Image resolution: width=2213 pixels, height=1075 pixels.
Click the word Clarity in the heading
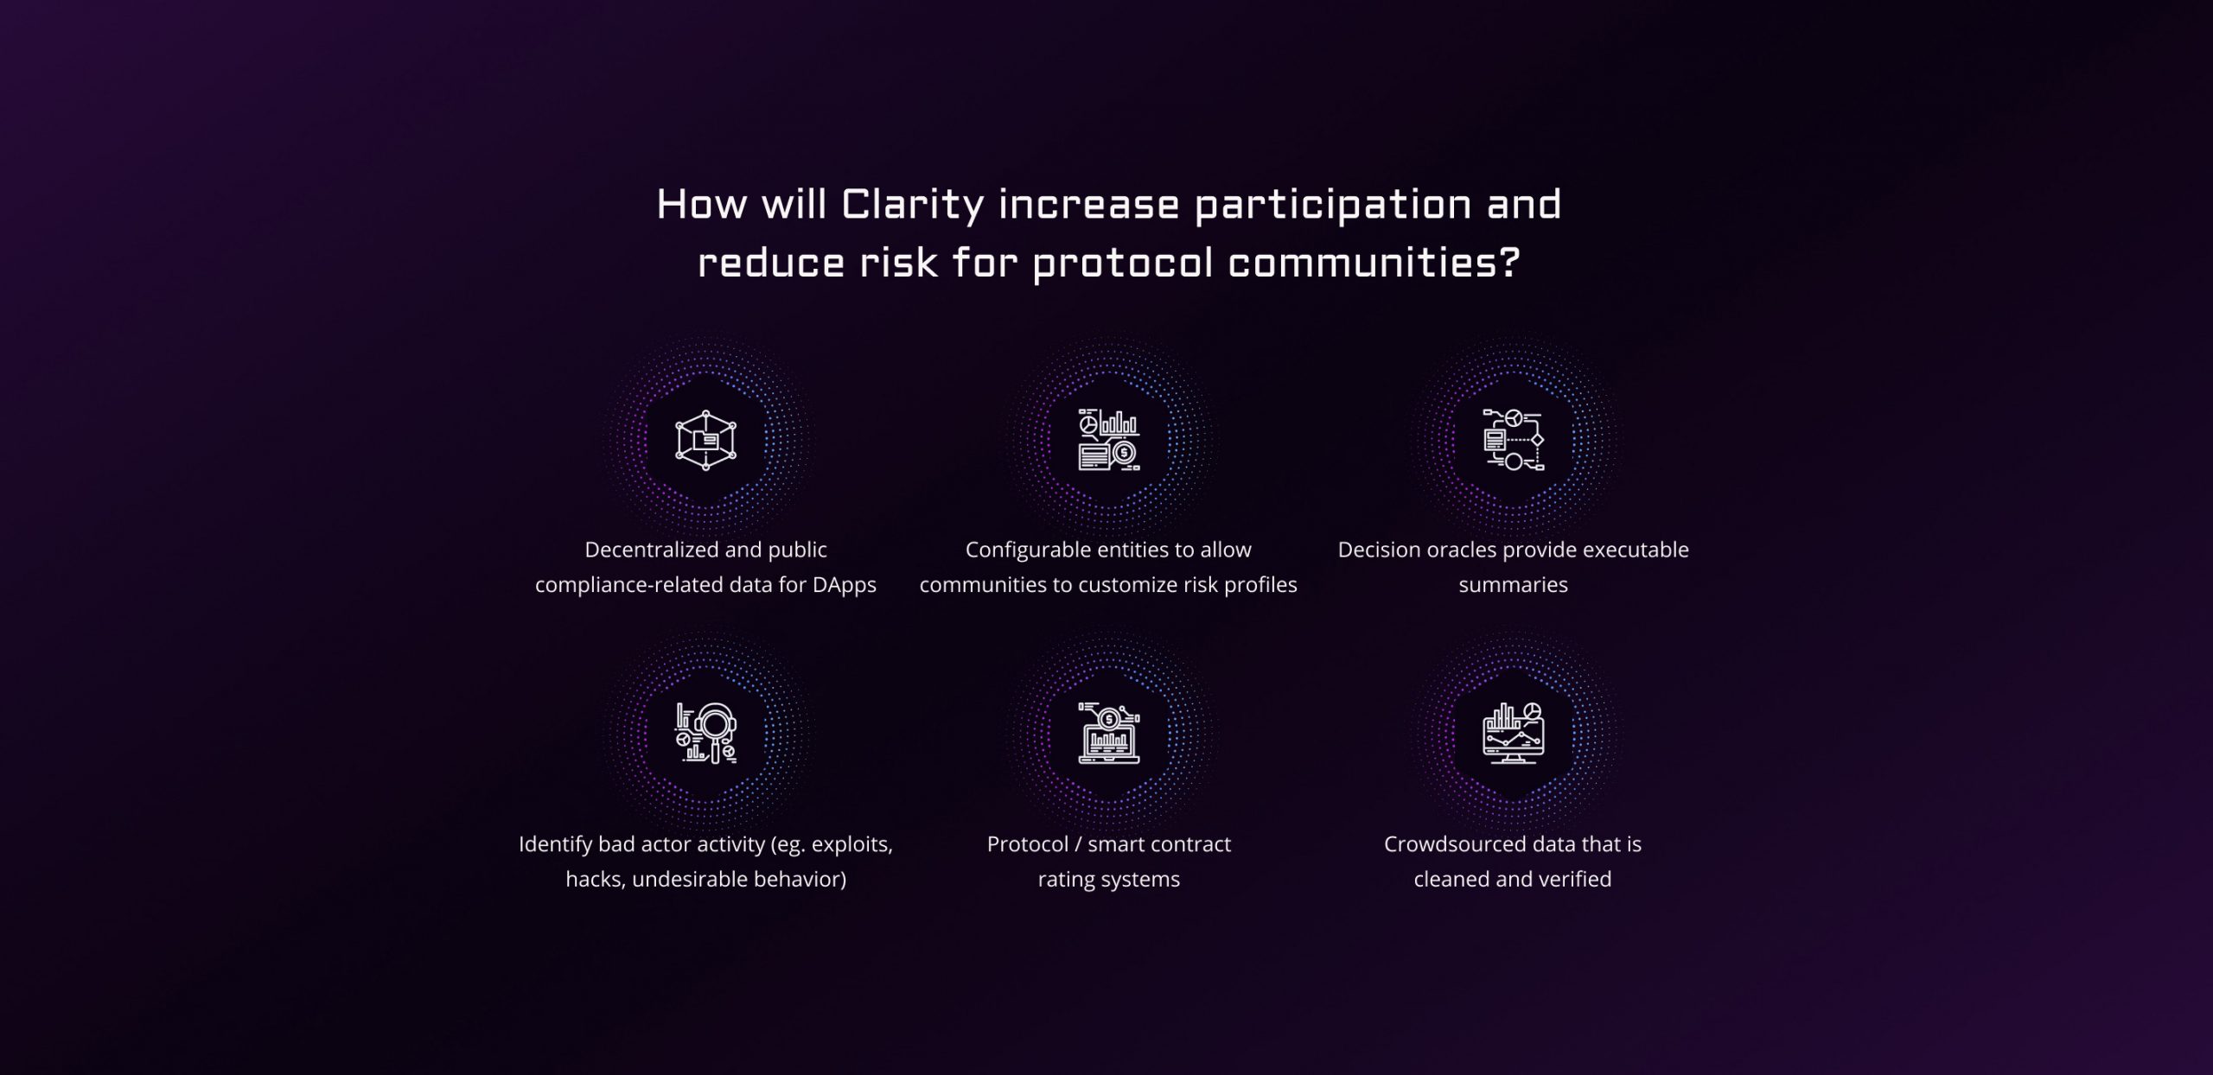913,206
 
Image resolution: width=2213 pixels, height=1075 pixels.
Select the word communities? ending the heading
1374,262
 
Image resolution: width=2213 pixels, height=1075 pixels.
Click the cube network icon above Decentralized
705,440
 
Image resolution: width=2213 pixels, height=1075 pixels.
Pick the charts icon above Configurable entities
1109,440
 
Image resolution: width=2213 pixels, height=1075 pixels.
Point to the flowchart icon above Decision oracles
1514,440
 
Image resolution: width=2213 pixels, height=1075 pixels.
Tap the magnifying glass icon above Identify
705,734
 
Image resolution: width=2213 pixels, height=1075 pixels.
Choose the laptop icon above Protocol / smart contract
1109,734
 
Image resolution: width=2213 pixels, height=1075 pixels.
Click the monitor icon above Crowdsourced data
1514,734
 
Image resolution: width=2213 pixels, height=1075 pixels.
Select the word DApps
844,586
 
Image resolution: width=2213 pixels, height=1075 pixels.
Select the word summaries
1514,585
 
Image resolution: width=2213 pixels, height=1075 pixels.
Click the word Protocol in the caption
1027,844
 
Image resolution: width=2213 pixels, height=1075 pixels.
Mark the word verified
1574,879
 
